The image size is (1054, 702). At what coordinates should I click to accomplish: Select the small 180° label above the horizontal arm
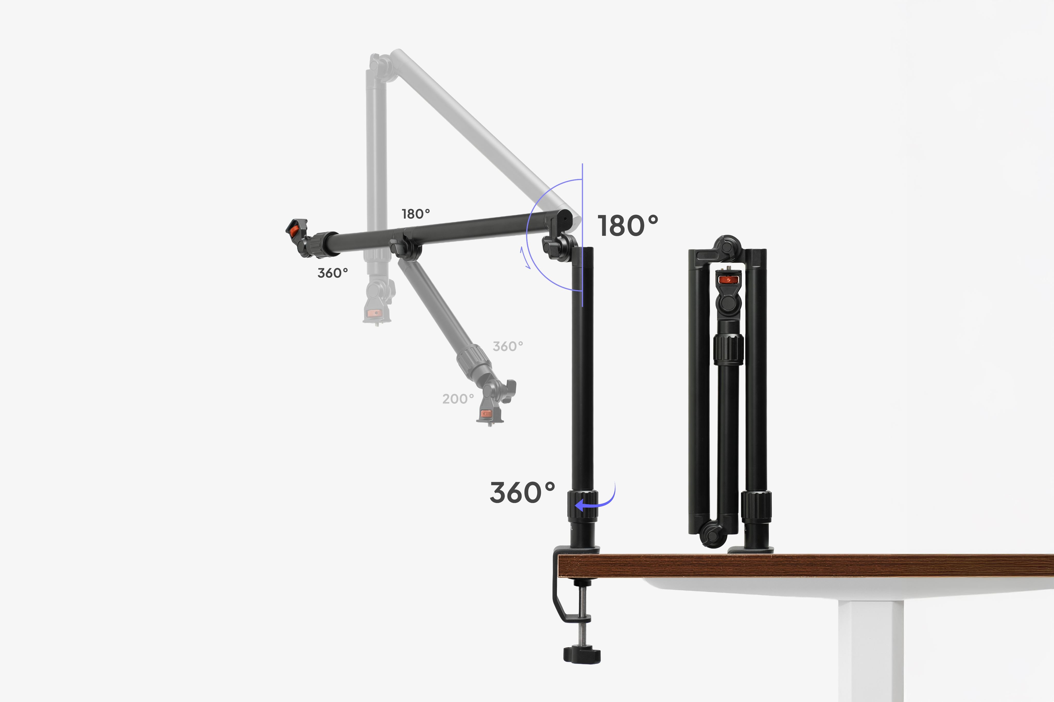416,214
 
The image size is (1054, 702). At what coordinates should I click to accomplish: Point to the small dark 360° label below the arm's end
332,273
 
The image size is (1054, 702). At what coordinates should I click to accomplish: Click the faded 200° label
458,399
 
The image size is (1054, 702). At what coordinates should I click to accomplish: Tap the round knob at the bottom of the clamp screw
582,654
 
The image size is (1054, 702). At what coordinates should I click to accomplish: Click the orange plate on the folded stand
728,280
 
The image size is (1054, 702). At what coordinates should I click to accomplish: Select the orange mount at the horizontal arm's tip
294,231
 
